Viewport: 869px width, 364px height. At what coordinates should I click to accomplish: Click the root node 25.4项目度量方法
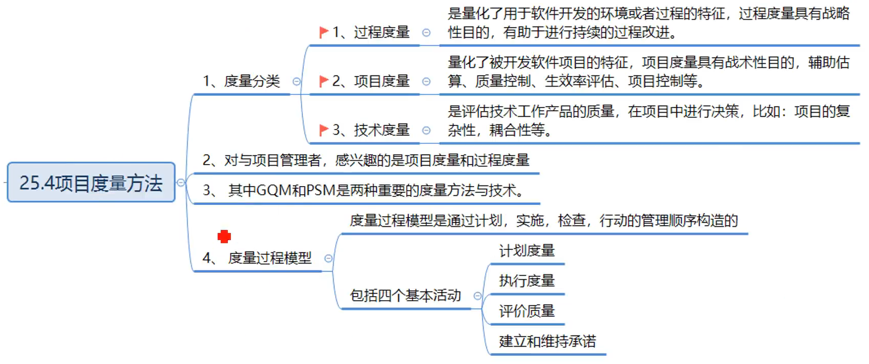click(x=91, y=183)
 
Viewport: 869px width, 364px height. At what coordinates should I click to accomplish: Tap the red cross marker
click(x=224, y=236)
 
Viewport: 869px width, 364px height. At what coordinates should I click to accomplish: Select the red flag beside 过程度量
click(x=323, y=33)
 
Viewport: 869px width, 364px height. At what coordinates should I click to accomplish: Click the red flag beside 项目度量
click(x=323, y=81)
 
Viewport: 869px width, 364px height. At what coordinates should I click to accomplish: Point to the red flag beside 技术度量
click(x=323, y=130)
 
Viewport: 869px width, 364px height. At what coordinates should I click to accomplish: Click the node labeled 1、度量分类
click(x=242, y=81)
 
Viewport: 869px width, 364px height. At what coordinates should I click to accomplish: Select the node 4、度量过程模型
click(x=257, y=258)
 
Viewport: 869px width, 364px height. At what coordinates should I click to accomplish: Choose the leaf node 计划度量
click(x=526, y=251)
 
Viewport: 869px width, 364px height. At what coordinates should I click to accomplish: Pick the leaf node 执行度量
click(x=526, y=280)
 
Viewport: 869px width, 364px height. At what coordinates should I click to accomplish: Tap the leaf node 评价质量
click(x=526, y=311)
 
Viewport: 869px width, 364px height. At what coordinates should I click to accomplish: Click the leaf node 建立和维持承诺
click(x=547, y=341)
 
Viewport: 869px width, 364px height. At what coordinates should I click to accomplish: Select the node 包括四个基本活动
click(x=405, y=296)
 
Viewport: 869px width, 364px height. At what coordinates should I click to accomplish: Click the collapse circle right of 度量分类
click(x=297, y=81)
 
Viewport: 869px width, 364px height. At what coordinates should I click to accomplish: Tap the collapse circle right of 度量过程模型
click(x=329, y=258)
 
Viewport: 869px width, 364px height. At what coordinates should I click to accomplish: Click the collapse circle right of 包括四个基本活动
click(x=478, y=296)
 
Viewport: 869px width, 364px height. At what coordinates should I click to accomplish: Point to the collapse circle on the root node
click(x=181, y=183)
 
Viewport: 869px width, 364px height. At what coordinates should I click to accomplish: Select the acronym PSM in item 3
click(x=321, y=190)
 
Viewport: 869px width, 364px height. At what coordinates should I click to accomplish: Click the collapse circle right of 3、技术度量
click(x=427, y=131)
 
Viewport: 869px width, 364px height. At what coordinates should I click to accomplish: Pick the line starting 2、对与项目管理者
click(x=366, y=160)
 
